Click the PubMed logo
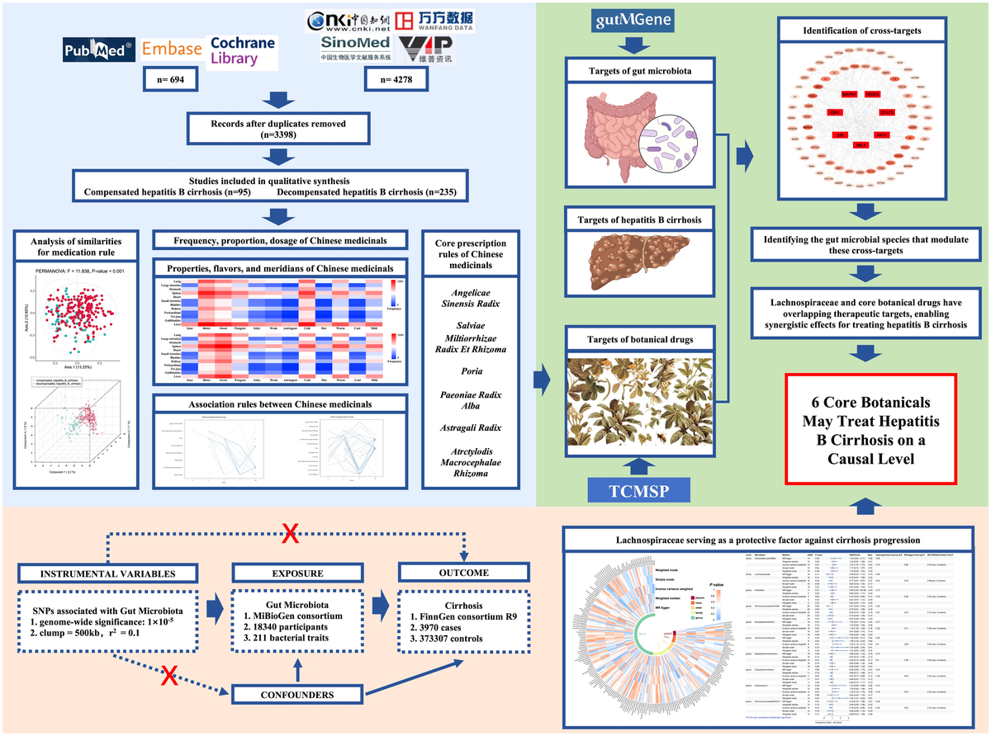[99, 51]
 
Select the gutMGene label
[628, 19]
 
